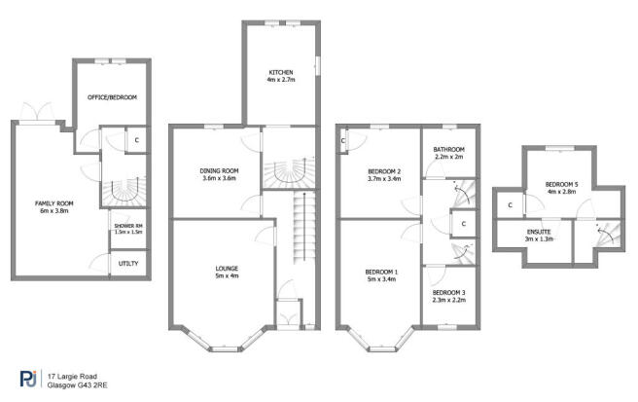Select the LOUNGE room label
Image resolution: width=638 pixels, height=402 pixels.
(x=227, y=268)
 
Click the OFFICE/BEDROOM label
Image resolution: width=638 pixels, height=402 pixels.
(x=111, y=97)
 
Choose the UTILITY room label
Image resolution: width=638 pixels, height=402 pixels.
(x=128, y=263)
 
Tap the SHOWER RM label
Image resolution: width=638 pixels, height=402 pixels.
(x=128, y=227)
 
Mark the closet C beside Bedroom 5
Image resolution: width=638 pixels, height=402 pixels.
(x=511, y=205)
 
